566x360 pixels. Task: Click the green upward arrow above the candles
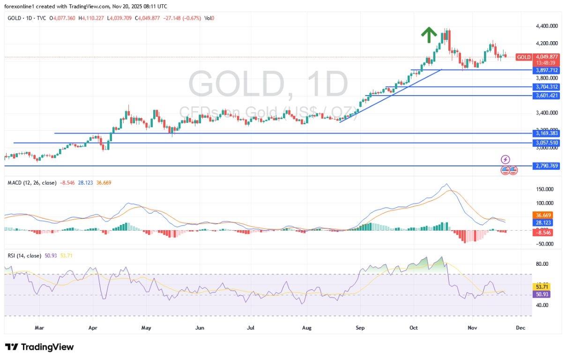(x=428, y=34)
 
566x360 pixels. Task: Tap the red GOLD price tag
(x=523, y=57)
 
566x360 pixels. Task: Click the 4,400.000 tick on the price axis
(x=546, y=26)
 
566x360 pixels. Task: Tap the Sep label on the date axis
(x=360, y=328)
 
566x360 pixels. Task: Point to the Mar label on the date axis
(x=39, y=328)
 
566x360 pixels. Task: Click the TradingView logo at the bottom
(x=40, y=347)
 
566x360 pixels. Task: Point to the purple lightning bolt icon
(x=505, y=159)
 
